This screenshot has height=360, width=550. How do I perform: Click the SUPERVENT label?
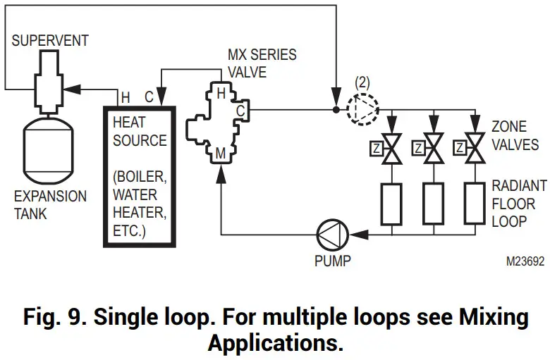tap(50, 39)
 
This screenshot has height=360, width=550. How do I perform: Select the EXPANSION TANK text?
tap(50, 204)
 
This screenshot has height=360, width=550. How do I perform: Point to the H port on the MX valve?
tap(220, 93)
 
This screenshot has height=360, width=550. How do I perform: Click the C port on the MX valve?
tap(240, 111)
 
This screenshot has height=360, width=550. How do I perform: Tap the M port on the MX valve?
tap(221, 151)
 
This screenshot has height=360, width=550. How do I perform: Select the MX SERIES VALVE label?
tap(262, 63)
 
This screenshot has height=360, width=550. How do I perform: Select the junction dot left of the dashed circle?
tap(336, 109)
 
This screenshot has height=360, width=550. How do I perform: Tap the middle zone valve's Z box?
tap(418, 149)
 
